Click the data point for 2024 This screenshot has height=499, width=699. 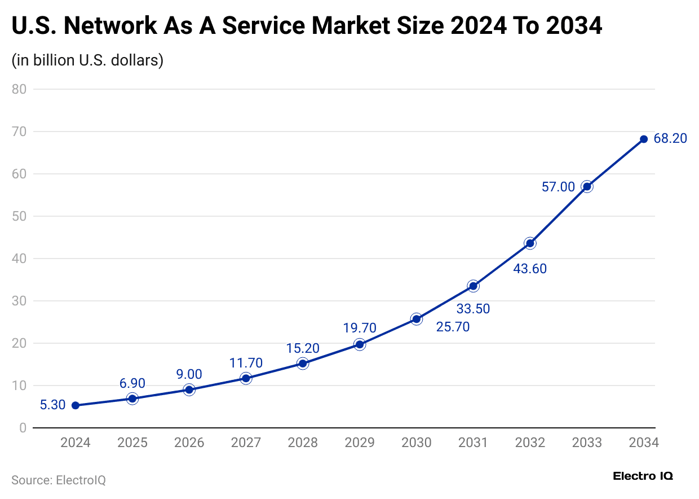click(76, 405)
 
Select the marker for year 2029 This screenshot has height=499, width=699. click(359, 344)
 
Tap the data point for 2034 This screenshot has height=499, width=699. click(643, 139)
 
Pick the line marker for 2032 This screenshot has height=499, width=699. click(530, 243)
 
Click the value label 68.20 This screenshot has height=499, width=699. click(670, 139)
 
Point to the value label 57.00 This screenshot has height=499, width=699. click(558, 187)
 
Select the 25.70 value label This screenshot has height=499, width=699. click(453, 327)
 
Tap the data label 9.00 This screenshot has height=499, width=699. click(189, 374)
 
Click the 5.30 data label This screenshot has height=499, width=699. click(52, 405)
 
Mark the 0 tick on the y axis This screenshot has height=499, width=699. click(23, 428)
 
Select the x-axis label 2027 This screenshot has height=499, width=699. click(246, 443)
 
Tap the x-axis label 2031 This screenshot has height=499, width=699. click(473, 443)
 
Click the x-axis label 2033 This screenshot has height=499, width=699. click(587, 443)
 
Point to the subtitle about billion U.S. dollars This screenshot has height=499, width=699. click(87, 60)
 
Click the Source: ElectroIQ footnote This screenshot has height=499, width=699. click(59, 480)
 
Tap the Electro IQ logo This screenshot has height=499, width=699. click(643, 476)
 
